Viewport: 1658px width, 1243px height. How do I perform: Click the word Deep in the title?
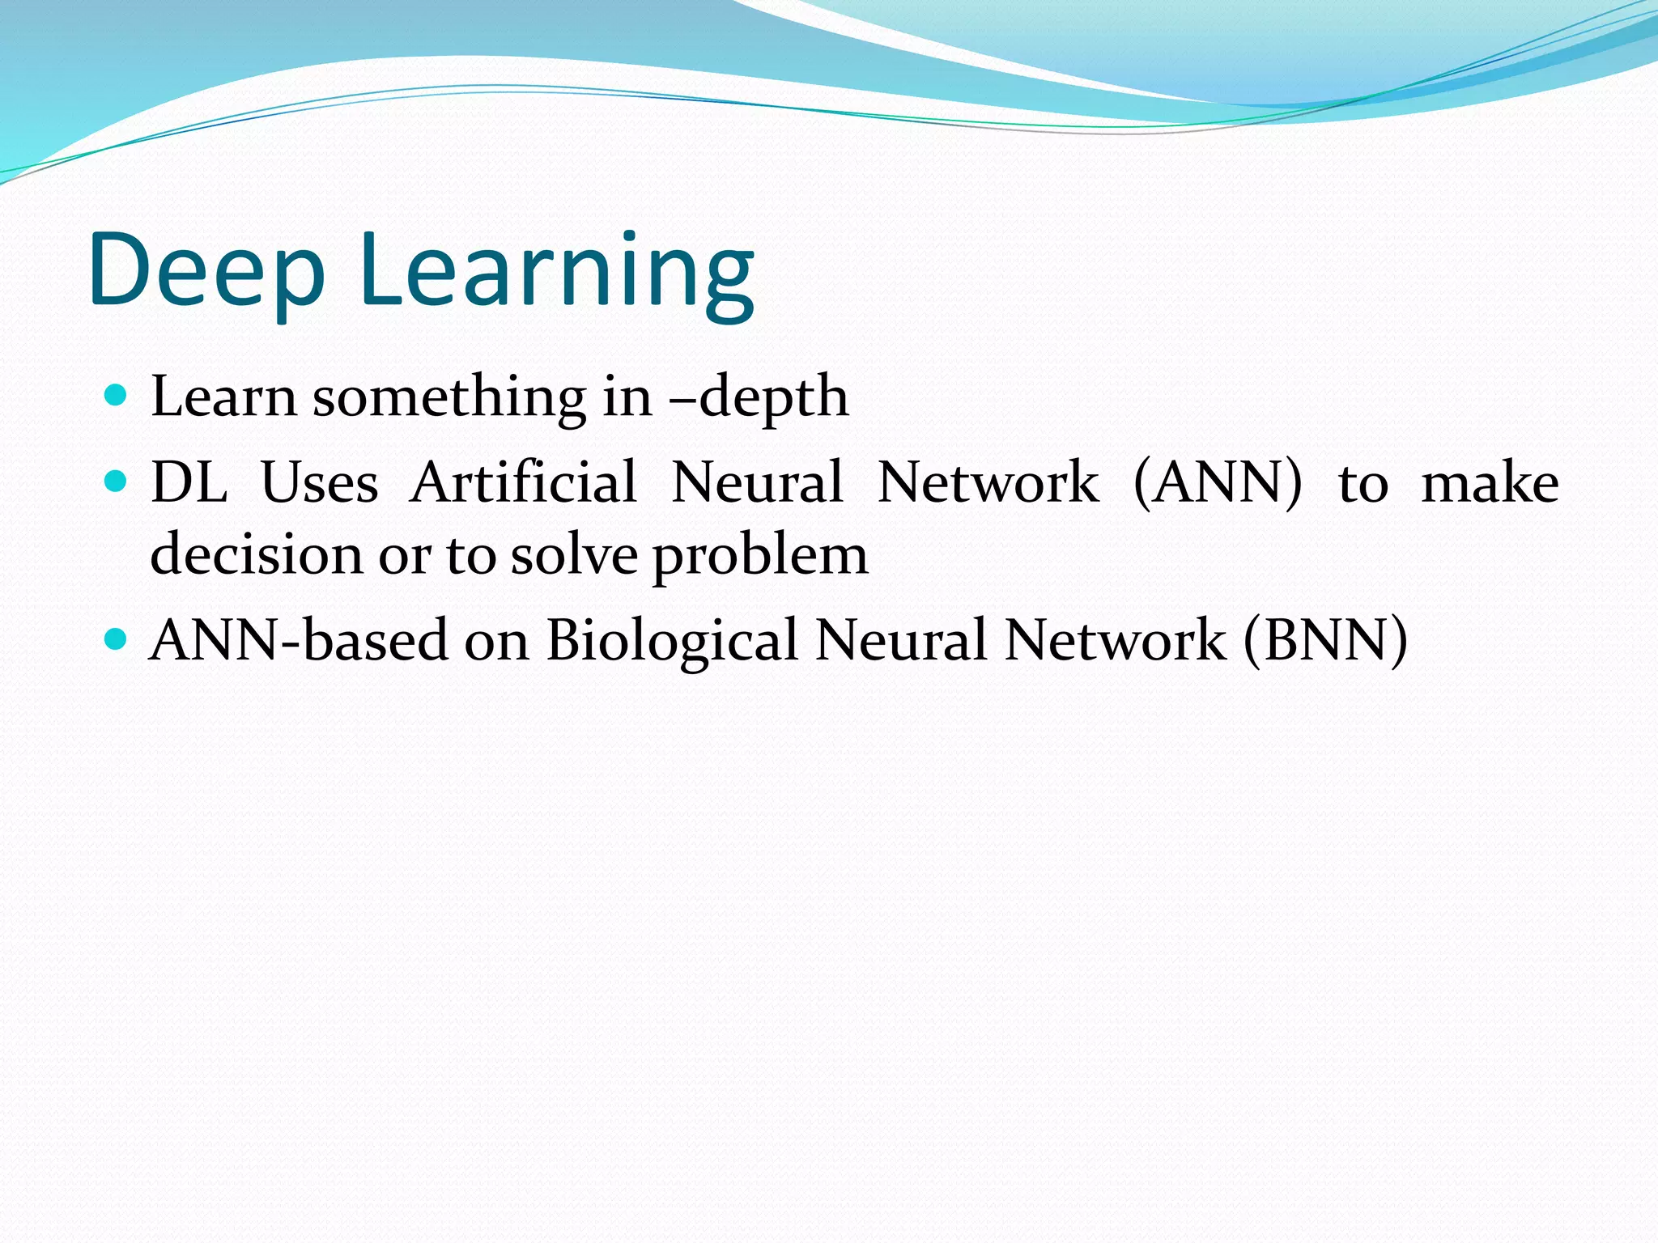[x=207, y=271]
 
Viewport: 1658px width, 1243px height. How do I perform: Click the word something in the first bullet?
[x=449, y=398]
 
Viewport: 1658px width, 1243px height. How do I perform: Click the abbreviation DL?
[x=189, y=483]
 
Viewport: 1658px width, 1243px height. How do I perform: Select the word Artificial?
[x=523, y=483]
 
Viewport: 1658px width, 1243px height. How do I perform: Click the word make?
[x=1490, y=483]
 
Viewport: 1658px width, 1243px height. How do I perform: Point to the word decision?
[x=256, y=556]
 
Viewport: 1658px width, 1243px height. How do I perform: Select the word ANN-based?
[x=299, y=640]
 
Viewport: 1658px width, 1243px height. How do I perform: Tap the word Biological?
[x=672, y=642]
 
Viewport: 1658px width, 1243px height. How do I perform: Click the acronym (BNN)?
[x=1325, y=640]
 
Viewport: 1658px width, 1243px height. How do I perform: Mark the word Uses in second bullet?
[x=320, y=483]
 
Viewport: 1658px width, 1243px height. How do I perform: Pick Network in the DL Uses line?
[x=988, y=483]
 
